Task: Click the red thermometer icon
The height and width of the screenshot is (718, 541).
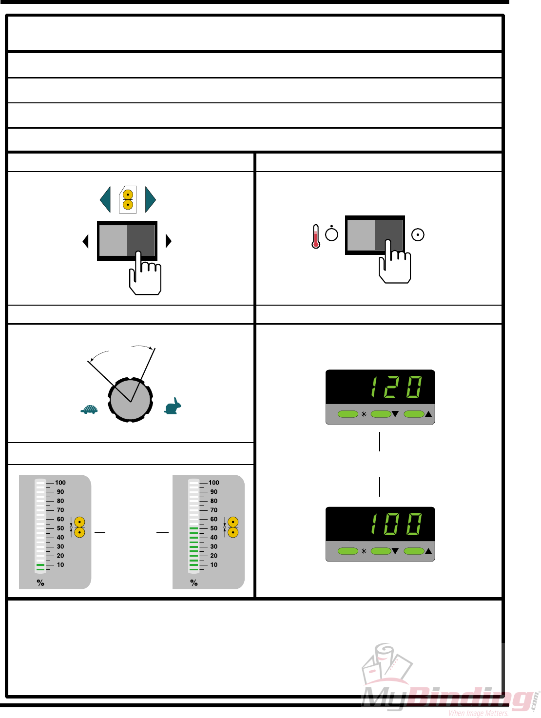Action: pyautogui.click(x=316, y=236)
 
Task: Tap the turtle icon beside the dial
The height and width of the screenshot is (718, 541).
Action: pyautogui.click(x=89, y=409)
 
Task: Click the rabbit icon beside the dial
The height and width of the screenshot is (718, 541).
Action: pyautogui.click(x=173, y=407)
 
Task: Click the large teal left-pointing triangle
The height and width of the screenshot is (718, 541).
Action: pyautogui.click(x=105, y=199)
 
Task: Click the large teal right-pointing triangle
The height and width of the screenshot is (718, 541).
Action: pyautogui.click(x=150, y=199)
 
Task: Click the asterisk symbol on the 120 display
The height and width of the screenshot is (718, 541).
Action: pyautogui.click(x=364, y=414)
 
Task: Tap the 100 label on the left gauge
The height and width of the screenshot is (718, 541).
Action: pyautogui.click(x=60, y=483)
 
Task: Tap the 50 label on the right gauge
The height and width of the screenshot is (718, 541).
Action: pyautogui.click(x=214, y=528)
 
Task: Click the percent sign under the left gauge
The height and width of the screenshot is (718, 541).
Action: pyautogui.click(x=40, y=582)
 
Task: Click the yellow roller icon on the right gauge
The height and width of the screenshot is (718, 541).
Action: pyautogui.click(x=233, y=527)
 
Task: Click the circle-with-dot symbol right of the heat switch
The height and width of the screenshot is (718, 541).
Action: pyautogui.click(x=418, y=235)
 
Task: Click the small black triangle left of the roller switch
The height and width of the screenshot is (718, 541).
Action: pyautogui.click(x=86, y=241)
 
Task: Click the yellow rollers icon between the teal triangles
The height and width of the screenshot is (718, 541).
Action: pyautogui.click(x=128, y=199)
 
